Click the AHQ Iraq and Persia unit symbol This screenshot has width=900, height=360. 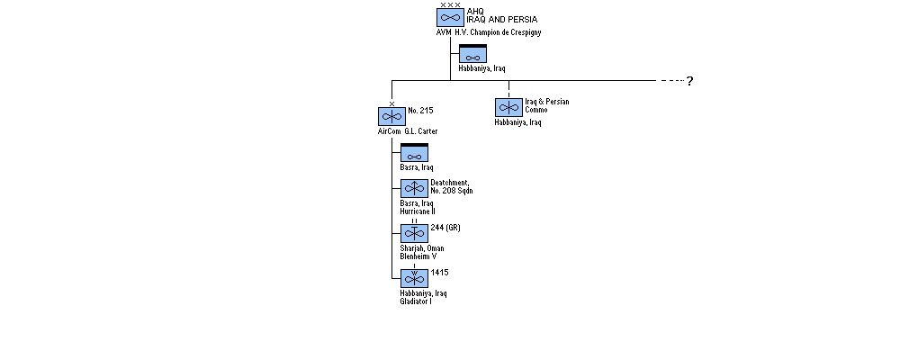[x=450, y=17]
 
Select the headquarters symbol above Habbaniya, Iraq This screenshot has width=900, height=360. [x=473, y=54]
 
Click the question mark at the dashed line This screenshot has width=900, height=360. [x=690, y=81]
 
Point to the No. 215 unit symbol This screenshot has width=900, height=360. [x=392, y=117]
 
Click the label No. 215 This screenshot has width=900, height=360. [x=420, y=110]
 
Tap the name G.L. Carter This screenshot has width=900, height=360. [x=420, y=131]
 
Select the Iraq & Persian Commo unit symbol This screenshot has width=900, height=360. [x=508, y=107]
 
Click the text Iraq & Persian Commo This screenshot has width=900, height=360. [x=547, y=105]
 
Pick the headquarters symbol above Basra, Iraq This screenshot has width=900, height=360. [x=414, y=153]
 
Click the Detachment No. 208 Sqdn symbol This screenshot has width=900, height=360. [x=414, y=188]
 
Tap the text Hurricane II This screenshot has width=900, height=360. [x=418, y=211]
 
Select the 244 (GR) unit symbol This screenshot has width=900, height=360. [x=414, y=233]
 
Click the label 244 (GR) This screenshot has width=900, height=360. [x=445, y=228]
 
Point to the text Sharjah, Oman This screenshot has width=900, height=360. [x=422, y=248]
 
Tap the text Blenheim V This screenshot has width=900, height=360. [x=418, y=256]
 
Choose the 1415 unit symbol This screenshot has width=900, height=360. [x=414, y=278]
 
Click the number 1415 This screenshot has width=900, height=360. [x=440, y=273]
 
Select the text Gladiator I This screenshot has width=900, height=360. [x=416, y=301]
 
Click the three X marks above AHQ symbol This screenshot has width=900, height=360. [x=451, y=4]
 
